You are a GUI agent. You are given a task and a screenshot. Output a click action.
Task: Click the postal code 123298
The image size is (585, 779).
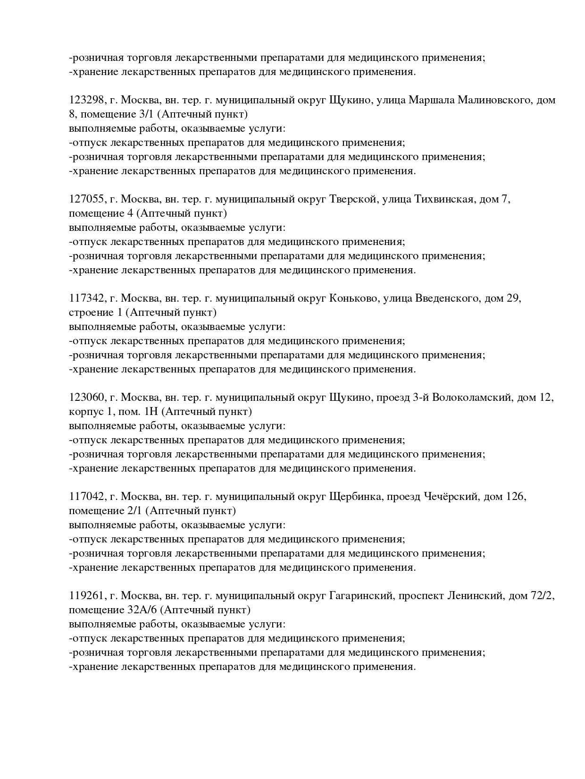point(87,100)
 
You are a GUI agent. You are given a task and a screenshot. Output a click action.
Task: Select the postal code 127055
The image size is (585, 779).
point(87,199)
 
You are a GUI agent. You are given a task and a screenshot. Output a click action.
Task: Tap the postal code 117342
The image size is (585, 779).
point(87,298)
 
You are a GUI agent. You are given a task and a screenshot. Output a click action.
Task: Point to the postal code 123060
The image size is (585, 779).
point(87,398)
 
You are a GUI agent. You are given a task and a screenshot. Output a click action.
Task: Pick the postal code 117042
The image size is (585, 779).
point(87,497)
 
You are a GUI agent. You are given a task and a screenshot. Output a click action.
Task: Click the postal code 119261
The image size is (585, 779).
point(87,596)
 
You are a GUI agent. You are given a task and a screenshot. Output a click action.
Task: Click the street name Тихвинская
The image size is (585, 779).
point(443,199)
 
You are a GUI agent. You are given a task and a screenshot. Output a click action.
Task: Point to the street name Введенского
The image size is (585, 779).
point(447,298)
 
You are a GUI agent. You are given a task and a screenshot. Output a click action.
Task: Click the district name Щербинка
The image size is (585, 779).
point(355,497)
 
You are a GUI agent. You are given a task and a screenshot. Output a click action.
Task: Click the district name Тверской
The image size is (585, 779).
point(351,199)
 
